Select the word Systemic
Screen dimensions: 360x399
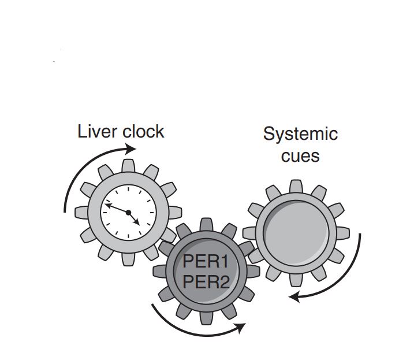[x=300, y=134]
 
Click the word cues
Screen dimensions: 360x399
[x=300, y=155]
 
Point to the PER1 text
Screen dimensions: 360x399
[x=206, y=262]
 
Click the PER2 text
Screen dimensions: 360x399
[x=206, y=283]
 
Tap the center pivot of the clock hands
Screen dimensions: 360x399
[x=128, y=212]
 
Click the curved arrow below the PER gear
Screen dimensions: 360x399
[x=191, y=326]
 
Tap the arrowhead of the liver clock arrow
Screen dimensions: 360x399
[x=131, y=149]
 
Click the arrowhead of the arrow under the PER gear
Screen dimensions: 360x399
[x=241, y=326]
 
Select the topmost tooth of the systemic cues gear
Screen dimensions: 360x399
[x=295, y=186]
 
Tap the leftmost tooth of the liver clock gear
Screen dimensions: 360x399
[x=83, y=212]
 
